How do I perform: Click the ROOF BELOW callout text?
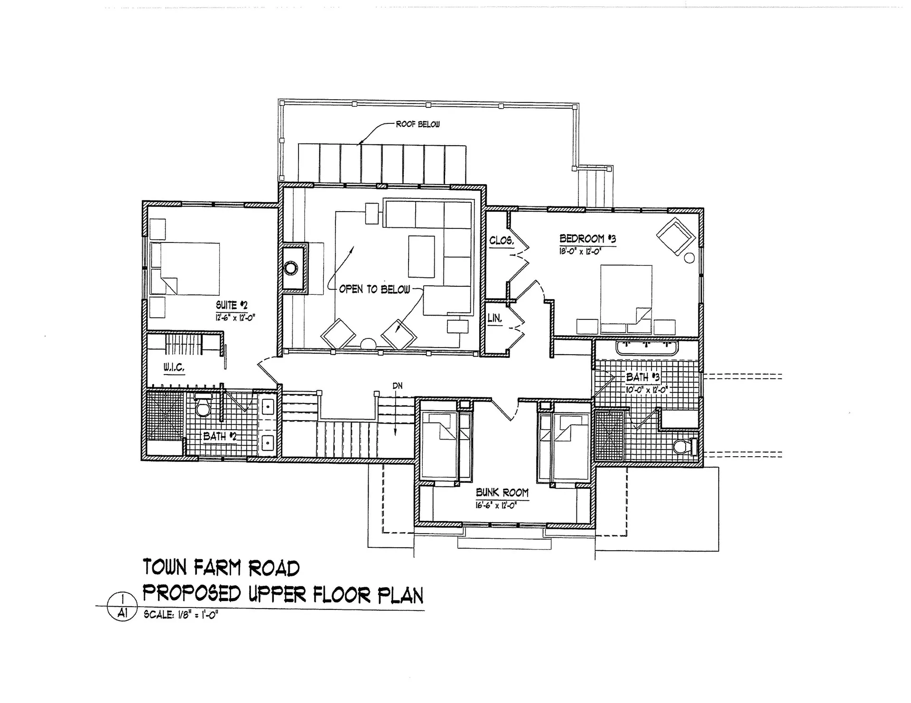click(x=418, y=124)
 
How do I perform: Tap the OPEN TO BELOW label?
click(x=374, y=289)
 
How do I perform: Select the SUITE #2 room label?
click(x=232, y=305)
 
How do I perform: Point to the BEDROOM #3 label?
click(x=587, y=238)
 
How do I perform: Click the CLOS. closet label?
click(x=501, y=241)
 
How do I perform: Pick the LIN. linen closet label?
click(x=494, y=319)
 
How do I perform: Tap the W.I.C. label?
click(x=174, y=367)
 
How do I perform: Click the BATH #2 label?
click(x=220, y=436)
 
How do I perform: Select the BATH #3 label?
click(x=642, y=377)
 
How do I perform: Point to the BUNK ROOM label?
click(x=502, y=493)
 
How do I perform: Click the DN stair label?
click(x=397, y=386)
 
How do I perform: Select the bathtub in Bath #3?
click(x=647, y=347)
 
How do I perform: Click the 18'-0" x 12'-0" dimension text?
click(x=580, y=252)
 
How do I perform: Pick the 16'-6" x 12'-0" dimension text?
click(x=496, y=505)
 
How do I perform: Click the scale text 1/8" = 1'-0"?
click(x=181, y=615)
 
